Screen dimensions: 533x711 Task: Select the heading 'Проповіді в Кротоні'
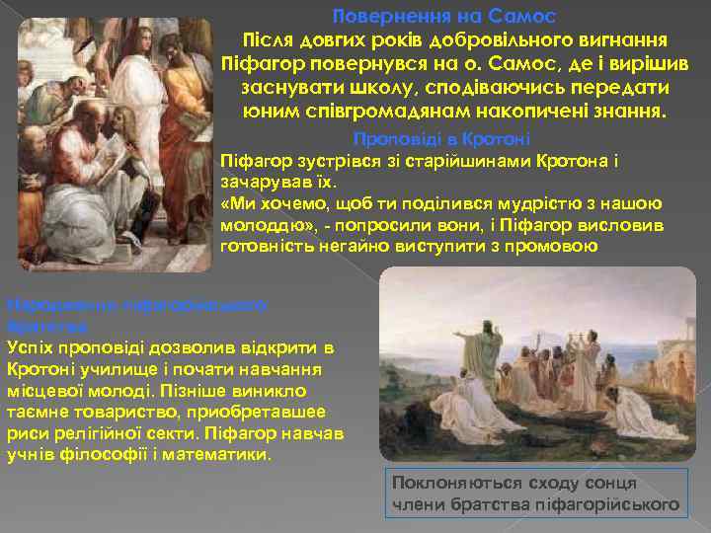coord(441,139)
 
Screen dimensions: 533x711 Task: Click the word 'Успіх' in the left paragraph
coord(30,347)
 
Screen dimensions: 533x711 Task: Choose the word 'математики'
coord(217,451)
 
